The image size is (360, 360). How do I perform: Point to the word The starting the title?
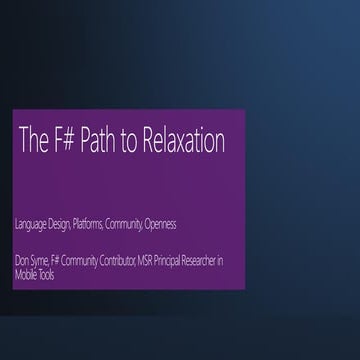pyautogui.click(x=34, y=142)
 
